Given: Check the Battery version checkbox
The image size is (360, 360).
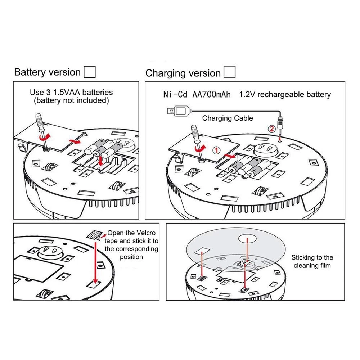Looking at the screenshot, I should tap(90, 72).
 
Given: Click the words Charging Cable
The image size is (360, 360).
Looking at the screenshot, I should tap(228, 118).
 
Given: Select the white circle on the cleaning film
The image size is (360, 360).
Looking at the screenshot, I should tap(247, 239).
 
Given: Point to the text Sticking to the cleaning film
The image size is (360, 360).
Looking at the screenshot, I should tap(312, 261).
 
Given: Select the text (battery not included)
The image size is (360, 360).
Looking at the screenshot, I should tap(71, 101).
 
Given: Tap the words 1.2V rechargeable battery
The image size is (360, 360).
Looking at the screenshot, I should tap(285, 95).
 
